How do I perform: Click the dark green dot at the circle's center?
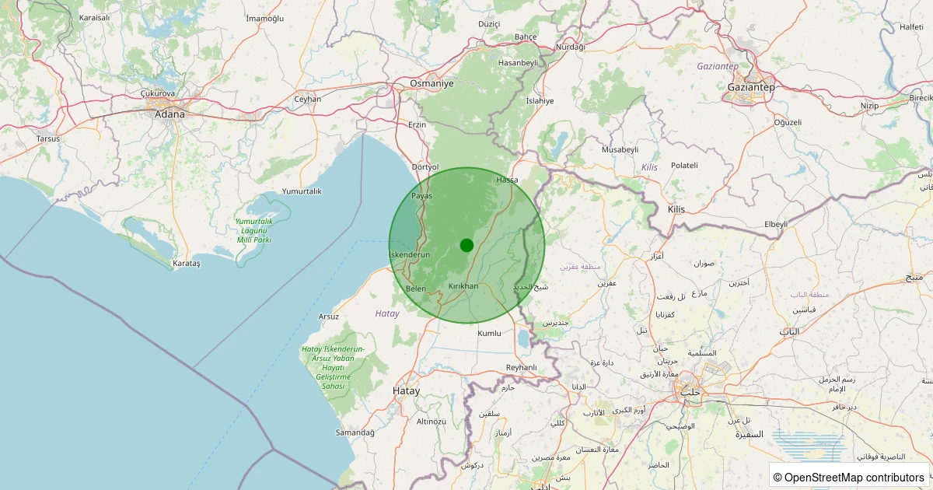(466, 245)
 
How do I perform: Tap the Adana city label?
(170, 114)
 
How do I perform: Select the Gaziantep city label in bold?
(750, 87)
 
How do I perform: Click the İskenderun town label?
(409, 255)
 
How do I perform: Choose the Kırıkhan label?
(463, 286)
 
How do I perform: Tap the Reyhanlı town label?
(521, 367)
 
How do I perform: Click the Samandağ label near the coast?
(355, 432)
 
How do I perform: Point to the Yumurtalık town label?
(302, 191)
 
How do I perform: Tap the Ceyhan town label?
(307, 99)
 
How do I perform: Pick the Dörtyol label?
(425, 167)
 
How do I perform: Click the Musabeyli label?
(620, 149)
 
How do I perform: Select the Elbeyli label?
(776, 224)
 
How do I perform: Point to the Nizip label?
(869, 105)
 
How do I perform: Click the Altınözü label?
(432, 421)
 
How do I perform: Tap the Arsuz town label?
(329, 317)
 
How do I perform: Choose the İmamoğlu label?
(264, 18)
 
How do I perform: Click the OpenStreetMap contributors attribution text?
(849, 477)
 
